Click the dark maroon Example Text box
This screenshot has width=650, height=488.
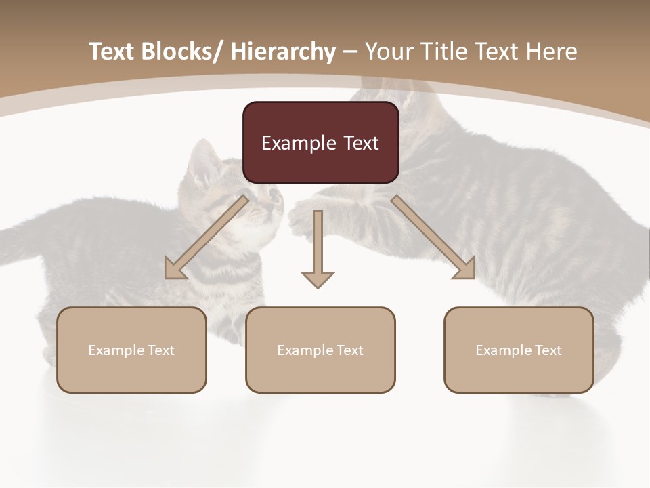(320, 142)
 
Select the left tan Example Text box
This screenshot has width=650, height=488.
(131, 350)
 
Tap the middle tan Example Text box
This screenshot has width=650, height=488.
(320, 350)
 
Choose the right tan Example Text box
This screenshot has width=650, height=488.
(519, 350)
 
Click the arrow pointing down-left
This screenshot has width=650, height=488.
(207, 237)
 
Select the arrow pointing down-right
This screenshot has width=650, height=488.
(433, 237)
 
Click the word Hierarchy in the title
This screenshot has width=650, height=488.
(283, 52)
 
